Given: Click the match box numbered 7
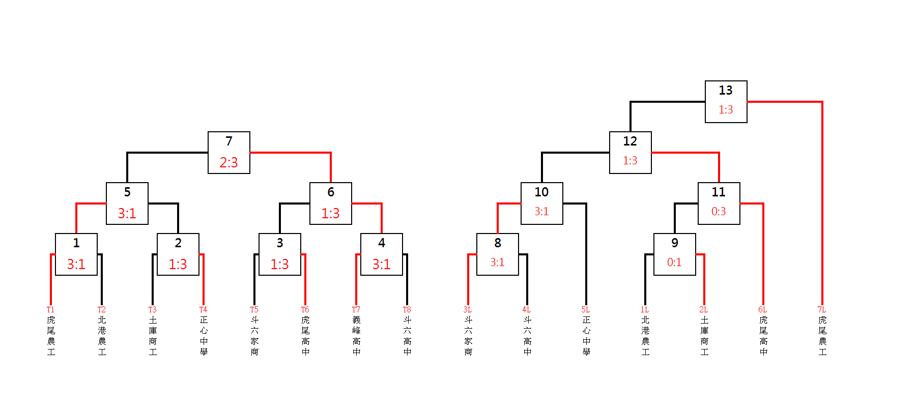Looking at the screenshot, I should coord(229,153).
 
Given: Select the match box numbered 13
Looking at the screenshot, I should coord(726,102).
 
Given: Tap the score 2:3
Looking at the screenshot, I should coord(229,162).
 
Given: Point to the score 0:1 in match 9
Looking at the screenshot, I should coord(674,263).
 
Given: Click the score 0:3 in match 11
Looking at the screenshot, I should coord(719,212).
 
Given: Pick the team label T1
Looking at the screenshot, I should coord(50,309).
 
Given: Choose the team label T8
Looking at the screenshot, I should coord(407,309).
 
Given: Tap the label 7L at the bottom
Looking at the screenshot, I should coord(821,309).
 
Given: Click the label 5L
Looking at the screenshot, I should coord(585,309).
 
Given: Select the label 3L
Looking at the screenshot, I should coord(467,309).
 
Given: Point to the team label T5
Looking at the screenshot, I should coord(254,309).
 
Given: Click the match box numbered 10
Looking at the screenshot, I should coord(541,203).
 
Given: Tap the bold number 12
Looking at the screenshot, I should coord(630,141).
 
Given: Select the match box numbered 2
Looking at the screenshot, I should coord(178,254).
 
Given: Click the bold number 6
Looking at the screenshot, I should coord(331,192).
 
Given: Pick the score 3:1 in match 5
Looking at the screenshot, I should coord(127,213).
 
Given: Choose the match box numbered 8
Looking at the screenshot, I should coord(497,254).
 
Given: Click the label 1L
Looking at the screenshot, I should coord(644,309).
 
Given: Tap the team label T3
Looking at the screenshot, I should coord(152,309).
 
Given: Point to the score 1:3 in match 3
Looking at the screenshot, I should coord(279,264).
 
